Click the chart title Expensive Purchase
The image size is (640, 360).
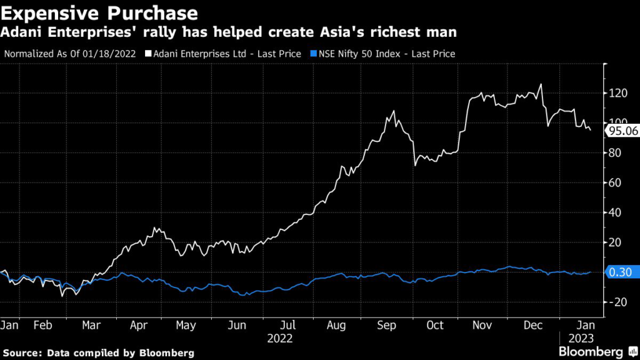(x=100, y=12)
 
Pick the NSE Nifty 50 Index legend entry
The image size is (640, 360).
(x=385, y=54)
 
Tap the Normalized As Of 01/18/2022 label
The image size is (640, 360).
(x=71, y=54)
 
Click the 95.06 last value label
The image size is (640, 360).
(x=622, y=131)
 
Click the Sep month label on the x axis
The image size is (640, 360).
(x=387, y=326)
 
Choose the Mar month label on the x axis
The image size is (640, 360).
(x=92, y=326)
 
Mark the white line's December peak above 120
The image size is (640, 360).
(x=541, y=84)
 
